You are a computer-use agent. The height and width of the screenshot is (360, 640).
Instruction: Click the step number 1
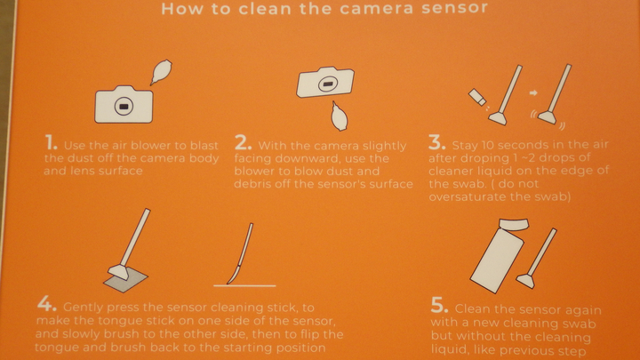(x=51, y=144)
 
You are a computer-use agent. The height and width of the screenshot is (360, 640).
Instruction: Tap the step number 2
(x=243, y=143)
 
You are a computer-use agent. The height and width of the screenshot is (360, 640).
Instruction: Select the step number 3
(x=437, y=143)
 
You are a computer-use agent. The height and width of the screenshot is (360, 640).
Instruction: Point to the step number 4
(x=46, y=304)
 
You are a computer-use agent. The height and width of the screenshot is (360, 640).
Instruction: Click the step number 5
(x=440, y=305)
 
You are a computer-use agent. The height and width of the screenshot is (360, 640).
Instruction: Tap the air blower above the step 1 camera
(x=161, y=72)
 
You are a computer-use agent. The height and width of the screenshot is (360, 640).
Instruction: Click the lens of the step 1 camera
(x=124, y=107)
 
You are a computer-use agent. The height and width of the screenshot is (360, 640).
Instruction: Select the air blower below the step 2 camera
(x=339, y=116)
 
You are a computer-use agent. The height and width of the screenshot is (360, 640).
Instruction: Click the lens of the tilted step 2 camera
(x=327, y=84)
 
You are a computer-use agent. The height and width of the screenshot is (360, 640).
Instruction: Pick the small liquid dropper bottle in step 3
(x=476, y=97)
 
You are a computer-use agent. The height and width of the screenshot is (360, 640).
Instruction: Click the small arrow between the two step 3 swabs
(x=533, y=93)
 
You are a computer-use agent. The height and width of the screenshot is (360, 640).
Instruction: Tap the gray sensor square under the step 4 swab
(x=125, y=280)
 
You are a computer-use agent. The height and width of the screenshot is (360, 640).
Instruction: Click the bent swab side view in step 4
(x=242, y=253)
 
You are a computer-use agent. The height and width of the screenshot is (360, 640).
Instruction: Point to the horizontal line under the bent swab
(x=244, y=285)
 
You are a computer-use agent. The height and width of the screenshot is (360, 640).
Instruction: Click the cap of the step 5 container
(x=514, y=225)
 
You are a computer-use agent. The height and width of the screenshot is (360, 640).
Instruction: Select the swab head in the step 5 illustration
(x=525, y=281)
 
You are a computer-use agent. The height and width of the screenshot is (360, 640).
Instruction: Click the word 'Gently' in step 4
(x=84, y=308)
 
